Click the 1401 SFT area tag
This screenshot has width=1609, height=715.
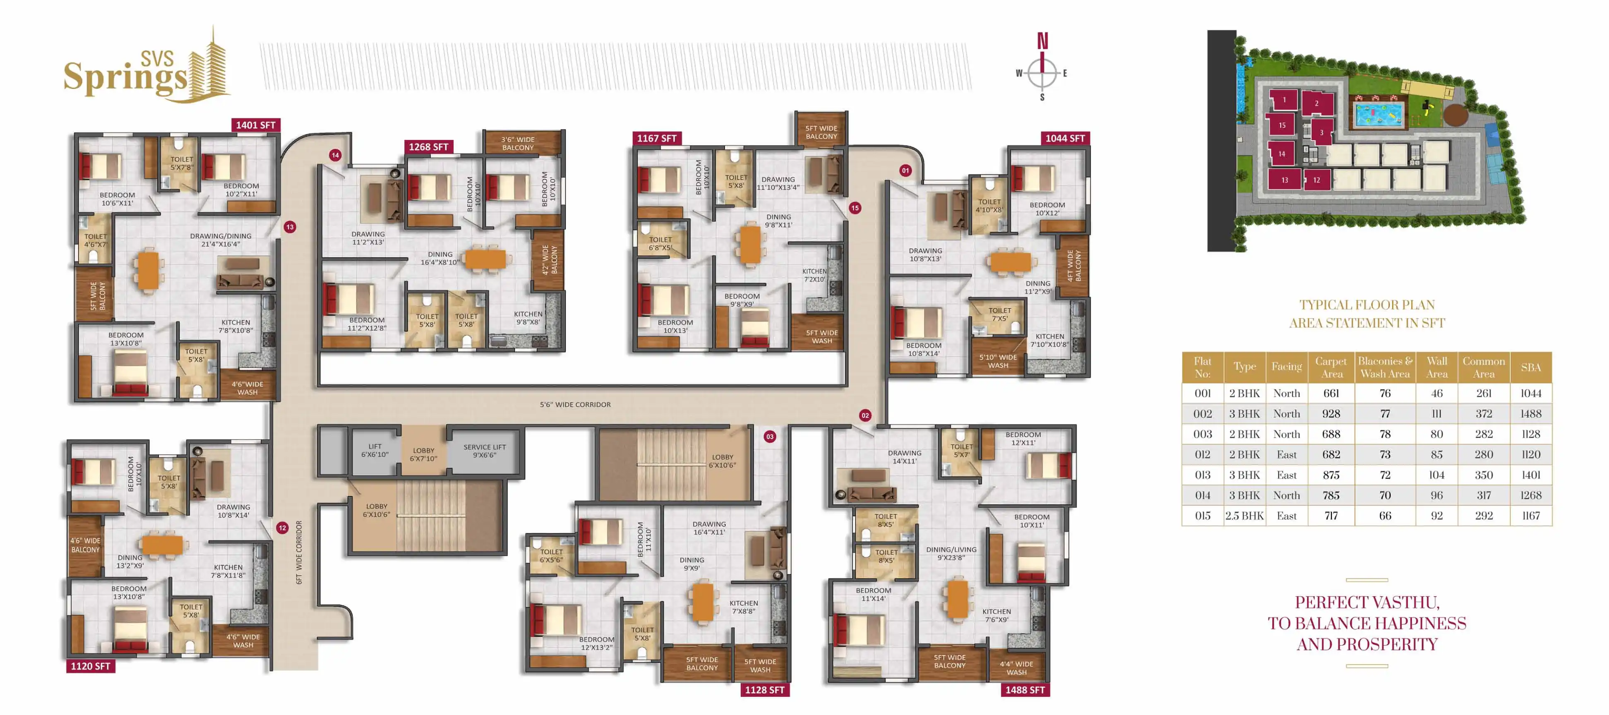point(255,125)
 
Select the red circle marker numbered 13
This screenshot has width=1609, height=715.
point(290,227)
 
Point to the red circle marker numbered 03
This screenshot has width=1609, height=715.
point(769,437)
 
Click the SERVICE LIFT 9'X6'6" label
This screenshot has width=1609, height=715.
point(485,451)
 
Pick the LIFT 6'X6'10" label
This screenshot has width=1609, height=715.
point(375,450)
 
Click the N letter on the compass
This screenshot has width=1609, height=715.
point(1042,41)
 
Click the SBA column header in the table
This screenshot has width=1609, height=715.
point(1531,367)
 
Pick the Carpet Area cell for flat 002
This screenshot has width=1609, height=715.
point(1331,413)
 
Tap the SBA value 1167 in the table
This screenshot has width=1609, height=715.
point(1531,516)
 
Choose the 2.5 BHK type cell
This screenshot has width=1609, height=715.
point(1244,516)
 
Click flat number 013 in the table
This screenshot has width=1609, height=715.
point(1202,475)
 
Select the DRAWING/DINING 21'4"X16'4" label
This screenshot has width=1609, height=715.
point(221,240)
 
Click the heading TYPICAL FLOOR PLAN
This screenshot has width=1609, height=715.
point(1367,305)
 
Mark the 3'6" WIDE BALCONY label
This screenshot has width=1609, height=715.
point(518,144)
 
